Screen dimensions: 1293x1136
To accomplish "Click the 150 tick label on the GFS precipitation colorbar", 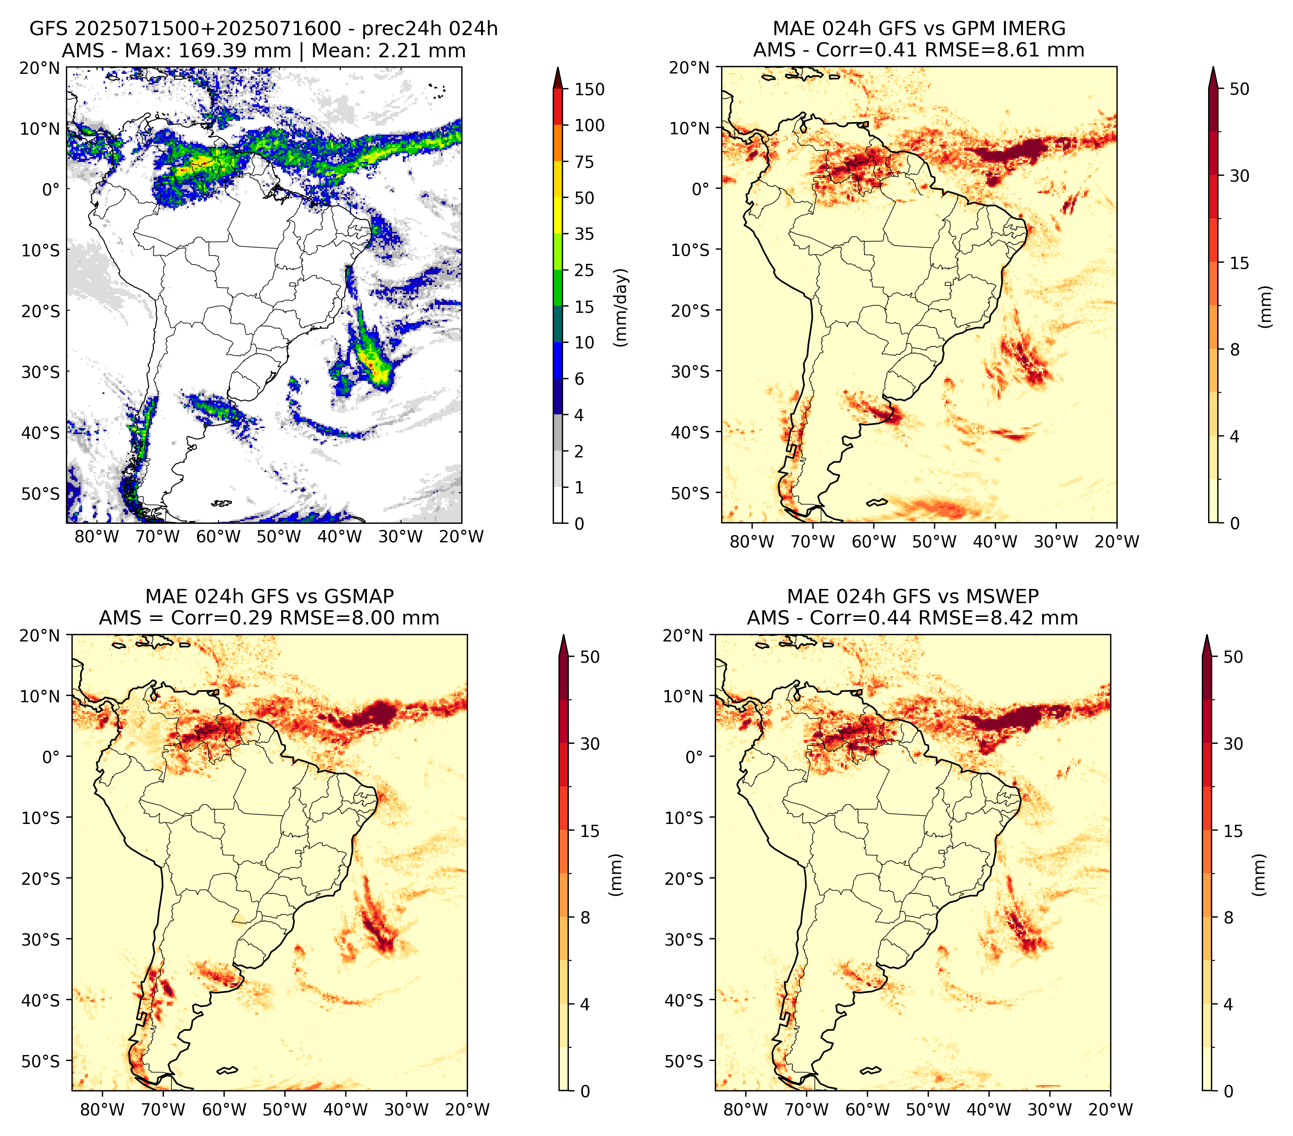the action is pyautogui.click(x=590, y=89).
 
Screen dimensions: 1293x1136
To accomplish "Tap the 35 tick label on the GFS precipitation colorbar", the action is pyautogui.click(x=584, y=234).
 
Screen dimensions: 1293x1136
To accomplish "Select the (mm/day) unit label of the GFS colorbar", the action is pyautogui.click(x=622, y=307).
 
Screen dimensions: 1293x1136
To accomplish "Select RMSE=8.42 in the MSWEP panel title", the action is pyautogui.click(x=981, y=618).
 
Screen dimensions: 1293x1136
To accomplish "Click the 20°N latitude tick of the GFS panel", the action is pyautogui.click(x=40, y=68).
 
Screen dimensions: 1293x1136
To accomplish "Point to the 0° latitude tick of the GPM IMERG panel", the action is pyautogui.click(x=701, y=188).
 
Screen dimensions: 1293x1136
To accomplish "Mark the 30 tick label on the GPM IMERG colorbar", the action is pyautogui.click(x=1240, y=176).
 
